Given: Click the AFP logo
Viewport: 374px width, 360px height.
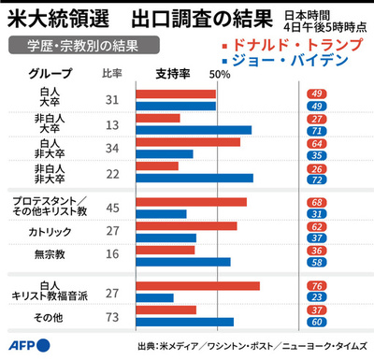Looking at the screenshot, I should click(25, 345).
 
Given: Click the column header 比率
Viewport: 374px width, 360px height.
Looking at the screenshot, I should click(111, 75).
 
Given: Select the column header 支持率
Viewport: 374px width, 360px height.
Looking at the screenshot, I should click(169, 75).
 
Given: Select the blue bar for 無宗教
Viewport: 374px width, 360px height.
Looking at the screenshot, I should click(183, 262).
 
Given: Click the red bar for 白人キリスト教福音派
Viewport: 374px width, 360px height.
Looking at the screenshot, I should click(197, 286).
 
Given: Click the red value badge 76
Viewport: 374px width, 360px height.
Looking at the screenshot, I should click(318, 286).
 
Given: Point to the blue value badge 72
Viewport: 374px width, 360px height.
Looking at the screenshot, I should click(318, 179).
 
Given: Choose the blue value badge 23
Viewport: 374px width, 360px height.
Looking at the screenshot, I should click(318, 298).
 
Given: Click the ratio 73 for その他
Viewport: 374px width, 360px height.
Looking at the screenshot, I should click(111, 316).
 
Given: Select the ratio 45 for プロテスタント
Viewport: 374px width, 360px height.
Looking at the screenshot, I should click(111, 208).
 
